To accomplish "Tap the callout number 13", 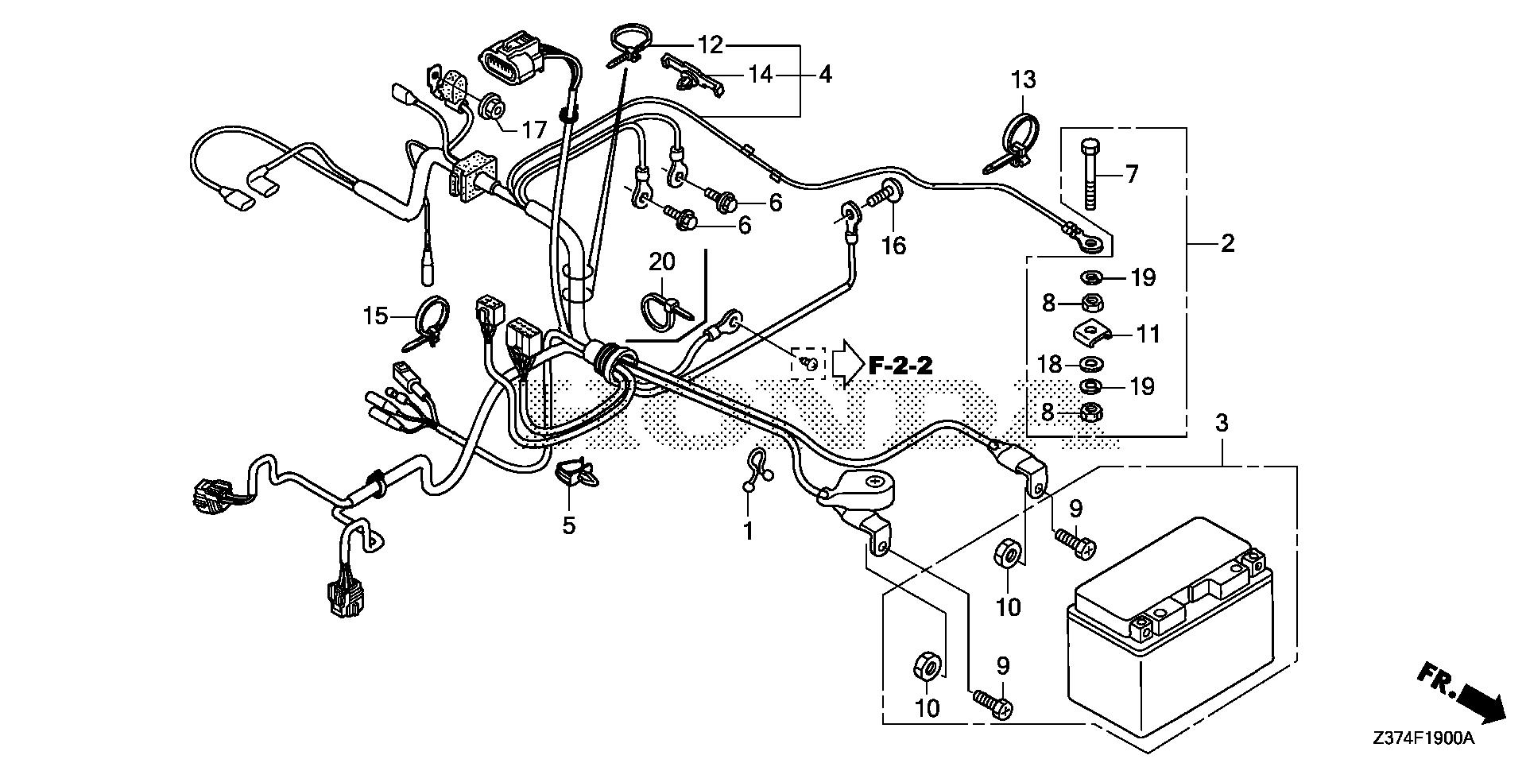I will click(x=1024, y=79).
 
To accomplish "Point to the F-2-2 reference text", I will click(x=900, y=366).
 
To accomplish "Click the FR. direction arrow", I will click(x=1461, y=700).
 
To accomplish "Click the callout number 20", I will click(x=661, y=261).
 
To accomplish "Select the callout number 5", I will click(x=568, y=525).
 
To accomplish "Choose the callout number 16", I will click(x=893, y=246).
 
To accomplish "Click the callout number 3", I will click(x=1222, y=423).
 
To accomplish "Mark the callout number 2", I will click(x=1227, y=243).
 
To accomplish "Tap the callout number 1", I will click(x=747, y=530).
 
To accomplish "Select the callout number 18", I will click(x=1050, y=365).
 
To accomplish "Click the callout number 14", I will click(x=760, y=75).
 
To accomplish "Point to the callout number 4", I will click(x=825, y=75).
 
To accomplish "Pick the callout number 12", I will click(x=711, y=45).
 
